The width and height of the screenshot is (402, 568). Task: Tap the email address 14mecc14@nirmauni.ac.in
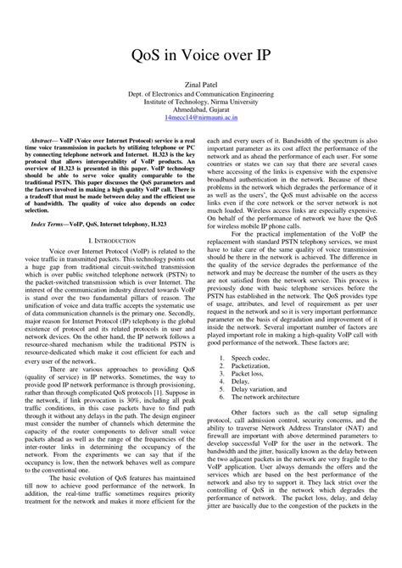(201, 120)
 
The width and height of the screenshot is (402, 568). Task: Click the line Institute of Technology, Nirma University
(201, 103)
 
